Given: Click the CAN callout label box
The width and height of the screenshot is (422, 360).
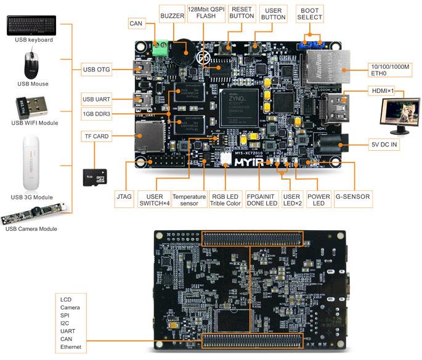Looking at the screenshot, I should [137, 23].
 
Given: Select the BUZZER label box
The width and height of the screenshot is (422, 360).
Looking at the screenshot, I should [172, 15].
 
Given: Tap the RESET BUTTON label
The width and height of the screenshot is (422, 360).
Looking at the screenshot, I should [241, 14].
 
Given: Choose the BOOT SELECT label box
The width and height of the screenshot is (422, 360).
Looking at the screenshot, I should [309, 14].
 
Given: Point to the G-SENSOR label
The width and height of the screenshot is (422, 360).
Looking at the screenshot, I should [352, 197].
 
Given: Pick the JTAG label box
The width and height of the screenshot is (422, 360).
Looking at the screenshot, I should [123, 197].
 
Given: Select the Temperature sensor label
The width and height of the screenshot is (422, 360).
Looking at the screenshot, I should [189, 199].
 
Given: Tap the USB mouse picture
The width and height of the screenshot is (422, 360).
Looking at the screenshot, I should [33, 65].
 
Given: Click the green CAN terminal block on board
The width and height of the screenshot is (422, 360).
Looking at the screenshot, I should [161, 47].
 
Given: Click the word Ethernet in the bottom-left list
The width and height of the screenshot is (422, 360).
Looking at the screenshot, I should [71, 348].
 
